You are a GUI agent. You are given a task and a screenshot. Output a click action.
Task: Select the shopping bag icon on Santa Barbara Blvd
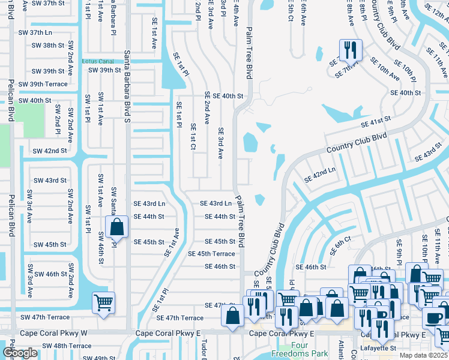(116, 227)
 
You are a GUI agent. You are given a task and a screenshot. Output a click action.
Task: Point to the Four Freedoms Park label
(292, 349)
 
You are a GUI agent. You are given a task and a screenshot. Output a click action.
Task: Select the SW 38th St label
(48, 46)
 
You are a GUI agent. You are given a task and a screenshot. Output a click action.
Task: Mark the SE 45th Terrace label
(211, 254)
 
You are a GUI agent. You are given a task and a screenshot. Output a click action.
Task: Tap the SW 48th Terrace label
(64, 346)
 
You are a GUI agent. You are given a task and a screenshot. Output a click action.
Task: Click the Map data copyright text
(424, 355)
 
